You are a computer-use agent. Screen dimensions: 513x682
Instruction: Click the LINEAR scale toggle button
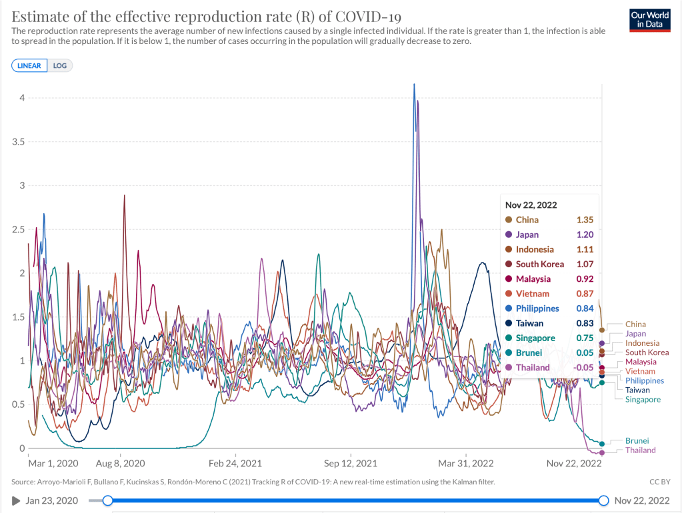click(29, 65)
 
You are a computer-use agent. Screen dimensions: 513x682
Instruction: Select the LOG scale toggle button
click(60, 65)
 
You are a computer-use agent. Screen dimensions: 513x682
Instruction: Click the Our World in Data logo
click(649, 20)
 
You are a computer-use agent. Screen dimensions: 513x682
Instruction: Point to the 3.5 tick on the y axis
click(19, 142)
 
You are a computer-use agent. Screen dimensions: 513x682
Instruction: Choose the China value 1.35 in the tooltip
click(585, 220)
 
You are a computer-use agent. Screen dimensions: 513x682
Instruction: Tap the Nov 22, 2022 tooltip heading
click(531, 205)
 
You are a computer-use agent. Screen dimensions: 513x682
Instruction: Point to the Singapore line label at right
click(643, 400)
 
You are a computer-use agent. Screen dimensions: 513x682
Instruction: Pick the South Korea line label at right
click(647, 352)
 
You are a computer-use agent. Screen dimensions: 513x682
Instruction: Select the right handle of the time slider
click(603, 500)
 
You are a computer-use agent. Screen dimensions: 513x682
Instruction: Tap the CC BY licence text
click(659, 481)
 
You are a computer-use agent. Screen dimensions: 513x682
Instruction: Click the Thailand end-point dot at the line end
click(602, 453)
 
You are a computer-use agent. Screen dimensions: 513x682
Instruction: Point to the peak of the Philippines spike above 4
click(414, 84)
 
